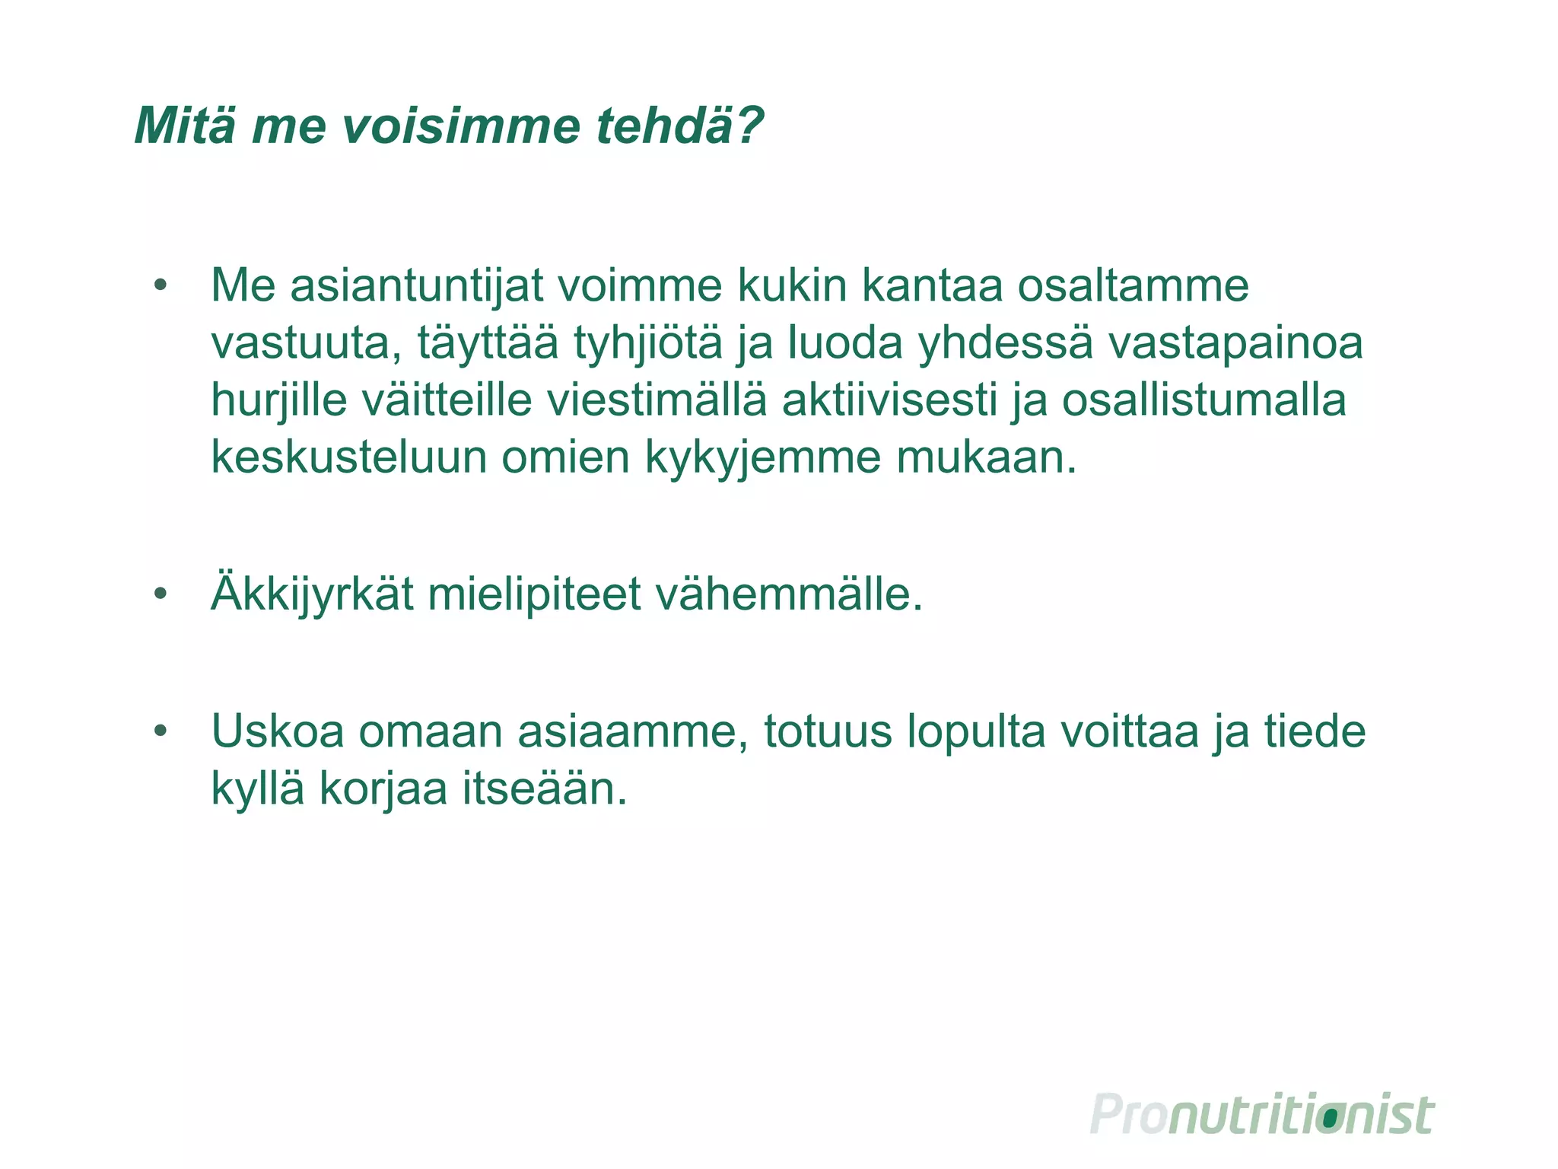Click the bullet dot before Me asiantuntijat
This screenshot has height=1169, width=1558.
(x=160, y=286)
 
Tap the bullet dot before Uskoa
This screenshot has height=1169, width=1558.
(x=160, y=731)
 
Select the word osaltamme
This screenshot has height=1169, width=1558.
(x=1133, y=286)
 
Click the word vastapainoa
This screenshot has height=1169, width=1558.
(x=1235, y=344)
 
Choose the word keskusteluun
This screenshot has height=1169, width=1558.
(x=348, y=458)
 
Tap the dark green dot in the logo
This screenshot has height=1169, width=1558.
(x=1330, y=1118)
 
